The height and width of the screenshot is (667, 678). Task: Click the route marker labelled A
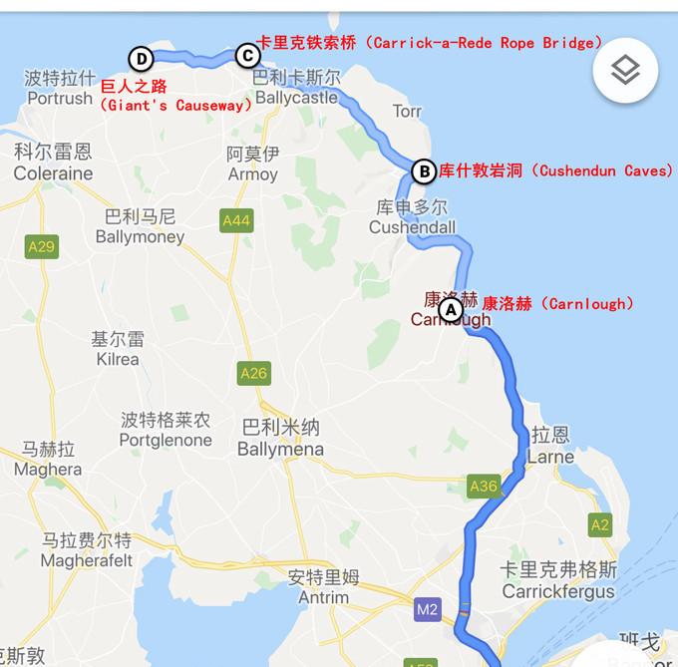click(x=451, y=309)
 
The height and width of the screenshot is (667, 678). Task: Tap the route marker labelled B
click(x=424, y=171)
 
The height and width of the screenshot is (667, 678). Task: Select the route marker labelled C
click(x=246, y=56)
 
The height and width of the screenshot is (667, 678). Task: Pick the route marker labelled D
click(x=140, y=57)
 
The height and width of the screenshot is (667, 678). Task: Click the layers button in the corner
click(x=625, y=70)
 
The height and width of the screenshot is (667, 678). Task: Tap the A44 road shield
click(x=236, y=220)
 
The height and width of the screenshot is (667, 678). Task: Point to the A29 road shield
click(x=43, y=246)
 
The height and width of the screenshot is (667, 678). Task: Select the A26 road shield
click(x=253, y=373)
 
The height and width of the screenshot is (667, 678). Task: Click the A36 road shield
click(x=483, y=486)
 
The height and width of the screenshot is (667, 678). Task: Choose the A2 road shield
click(x=599, y=524)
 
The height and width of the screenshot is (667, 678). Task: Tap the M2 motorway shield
click(x=428, y=609)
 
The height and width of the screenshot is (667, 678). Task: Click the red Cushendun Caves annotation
click(x=555, y=170)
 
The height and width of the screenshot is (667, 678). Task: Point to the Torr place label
click(x=407, y=111)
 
